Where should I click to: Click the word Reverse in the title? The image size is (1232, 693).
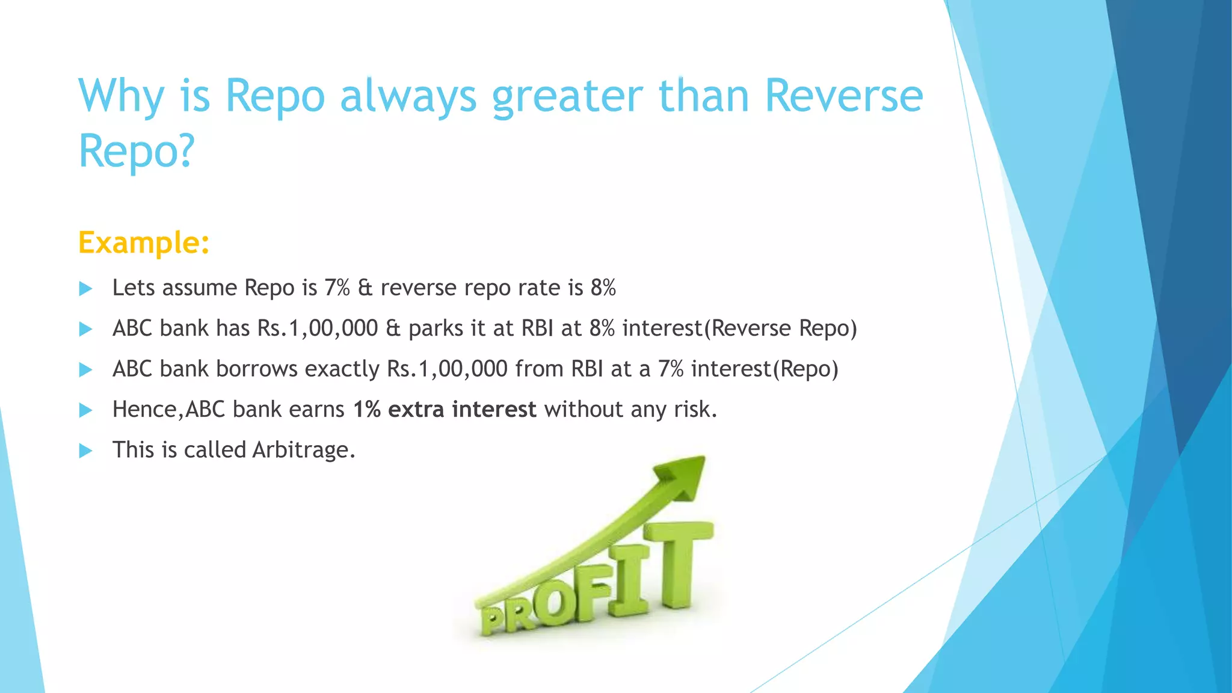point(843,96)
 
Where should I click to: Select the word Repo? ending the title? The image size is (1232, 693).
point(137,151)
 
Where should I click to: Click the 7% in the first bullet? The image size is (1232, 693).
point(337,288)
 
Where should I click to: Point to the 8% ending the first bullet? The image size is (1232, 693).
point(603,288)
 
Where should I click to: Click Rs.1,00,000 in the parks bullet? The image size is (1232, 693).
point(317,328)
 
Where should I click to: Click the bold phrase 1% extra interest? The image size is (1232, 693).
point(444,410)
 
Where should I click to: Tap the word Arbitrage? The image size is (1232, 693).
point(303,450)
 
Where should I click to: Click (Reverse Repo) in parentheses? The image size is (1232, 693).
point(780,328)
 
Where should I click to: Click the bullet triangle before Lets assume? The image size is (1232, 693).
point(85,289)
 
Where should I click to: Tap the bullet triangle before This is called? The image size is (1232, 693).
point(85,451)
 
